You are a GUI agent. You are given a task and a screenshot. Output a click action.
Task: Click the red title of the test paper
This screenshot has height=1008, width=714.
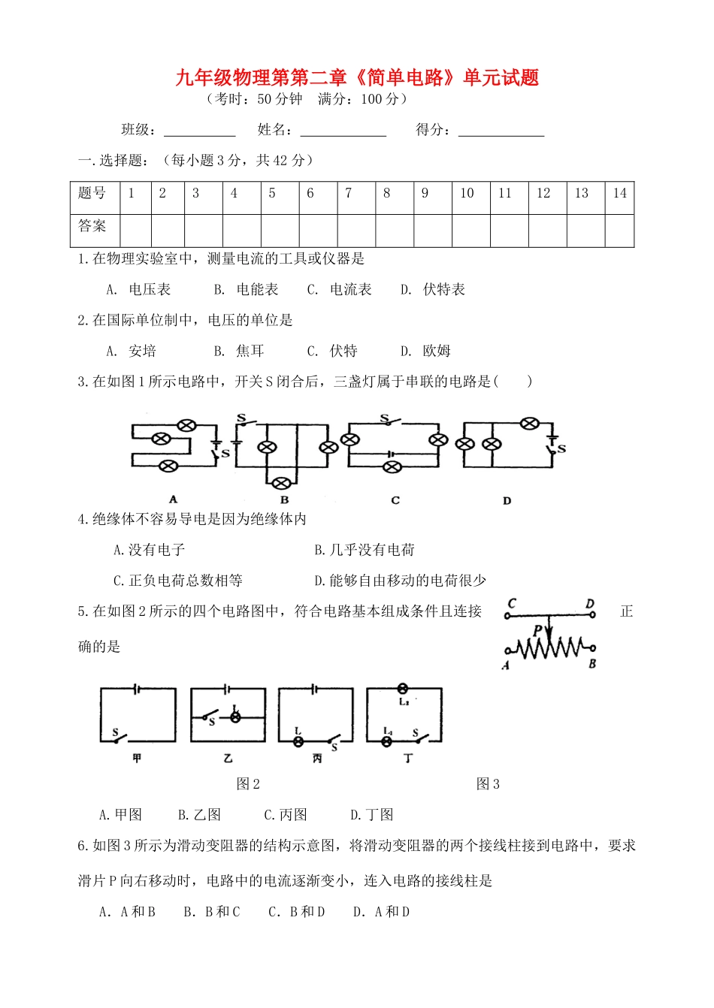[357, 77]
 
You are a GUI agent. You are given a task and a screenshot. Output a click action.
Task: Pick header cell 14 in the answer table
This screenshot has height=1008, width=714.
[619, 194]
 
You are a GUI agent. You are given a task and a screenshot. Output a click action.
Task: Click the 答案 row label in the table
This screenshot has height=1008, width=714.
[92, 226]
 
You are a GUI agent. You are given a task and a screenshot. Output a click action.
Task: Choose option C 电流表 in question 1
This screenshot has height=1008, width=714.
[340, 290]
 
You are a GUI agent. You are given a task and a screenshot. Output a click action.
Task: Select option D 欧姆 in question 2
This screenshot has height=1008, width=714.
[426, 352]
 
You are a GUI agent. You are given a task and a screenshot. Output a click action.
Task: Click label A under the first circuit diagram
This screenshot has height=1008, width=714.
[174, 499]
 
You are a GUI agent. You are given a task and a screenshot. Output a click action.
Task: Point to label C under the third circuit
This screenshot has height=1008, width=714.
[395, 500]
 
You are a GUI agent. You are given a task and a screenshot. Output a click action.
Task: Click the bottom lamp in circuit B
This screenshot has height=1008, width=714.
[282, 483]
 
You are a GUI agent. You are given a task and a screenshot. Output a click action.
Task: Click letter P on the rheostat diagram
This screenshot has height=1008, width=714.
[537, 629]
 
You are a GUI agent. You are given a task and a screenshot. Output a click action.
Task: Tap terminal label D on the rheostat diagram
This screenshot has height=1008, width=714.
[590, 604]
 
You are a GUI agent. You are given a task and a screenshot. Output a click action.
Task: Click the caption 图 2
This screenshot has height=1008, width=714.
[248, 784]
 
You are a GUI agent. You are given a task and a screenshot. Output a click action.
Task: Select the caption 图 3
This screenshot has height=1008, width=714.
[488, 784]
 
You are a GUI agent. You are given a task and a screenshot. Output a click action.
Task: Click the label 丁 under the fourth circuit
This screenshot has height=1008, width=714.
[408, 759]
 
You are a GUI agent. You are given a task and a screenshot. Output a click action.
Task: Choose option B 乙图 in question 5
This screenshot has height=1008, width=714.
[199, 815]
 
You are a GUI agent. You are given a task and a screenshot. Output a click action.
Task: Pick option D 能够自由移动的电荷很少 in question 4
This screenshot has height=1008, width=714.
[400, 581]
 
